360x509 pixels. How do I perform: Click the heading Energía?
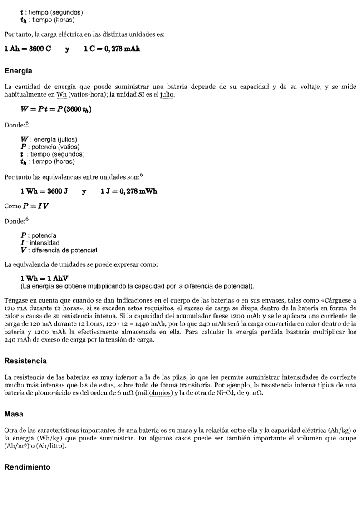pyautogui.click(x=18, y=71)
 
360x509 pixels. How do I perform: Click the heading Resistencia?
pyautogui.click(x=25, y=361)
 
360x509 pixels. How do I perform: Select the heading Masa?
pyautogui.click(x=14, y=414)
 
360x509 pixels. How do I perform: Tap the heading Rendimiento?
pyautogui.click(x=27, y=467)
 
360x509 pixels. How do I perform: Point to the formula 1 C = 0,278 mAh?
pyautogui.click(x=112, y=49)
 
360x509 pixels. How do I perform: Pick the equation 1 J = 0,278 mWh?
pyautogui.click(x=129, y=191)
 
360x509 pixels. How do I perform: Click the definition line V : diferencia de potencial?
pyautogui.click(x=59, y=250)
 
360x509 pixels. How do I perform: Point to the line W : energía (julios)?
pyautogui.click(x=49, y=139)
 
